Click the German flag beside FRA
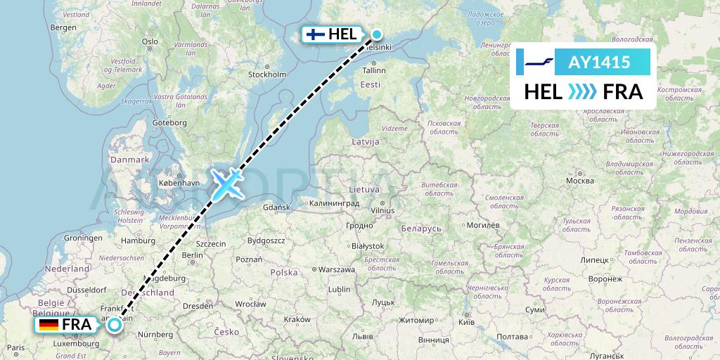[49, 325]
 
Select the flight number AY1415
[598, 62]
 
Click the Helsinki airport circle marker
[377, 34]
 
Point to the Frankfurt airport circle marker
[114, 325]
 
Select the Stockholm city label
[267, 74]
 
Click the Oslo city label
[150, 41]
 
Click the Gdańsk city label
[276, 207]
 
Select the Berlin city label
[193, 255]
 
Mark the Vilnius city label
[383, 210]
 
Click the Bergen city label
[63, 27]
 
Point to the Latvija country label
[366, 142]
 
